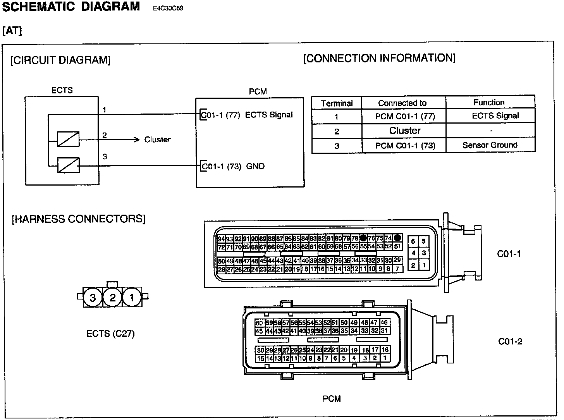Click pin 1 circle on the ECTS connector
click(x=132, y=298)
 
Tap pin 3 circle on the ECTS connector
click(x=93, y=298)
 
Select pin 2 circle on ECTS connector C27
click(x=112, y=298)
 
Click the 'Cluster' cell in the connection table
click(x=404, y=131)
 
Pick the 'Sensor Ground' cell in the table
click(x=490, y=145)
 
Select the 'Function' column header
click(x=489, y=102)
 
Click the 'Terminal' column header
click(x=337, y=103)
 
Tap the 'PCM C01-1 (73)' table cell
click(x=405, y=146)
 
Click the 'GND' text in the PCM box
click(x=255, y=167)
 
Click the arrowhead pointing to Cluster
click(x=136, y=139)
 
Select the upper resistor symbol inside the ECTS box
click(x=68, y=139)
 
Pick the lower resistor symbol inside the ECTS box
click(x=68, y=165)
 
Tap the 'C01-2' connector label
click(x=510, y=341)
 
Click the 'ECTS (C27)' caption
click(x=110, y=334)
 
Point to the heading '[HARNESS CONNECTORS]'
click(x=79, y=219)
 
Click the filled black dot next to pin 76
click(x=363, y=238)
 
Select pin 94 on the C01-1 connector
click(x=221, y=239)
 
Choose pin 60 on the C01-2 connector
click(x=259, y=323)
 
